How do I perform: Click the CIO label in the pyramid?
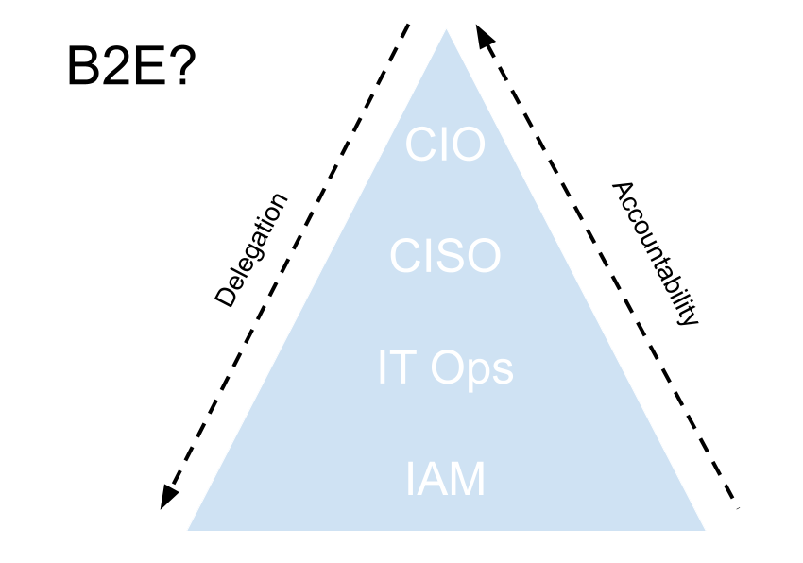pyautogui.click(x=445, y=146)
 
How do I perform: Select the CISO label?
pyautogui.click(x=445, y=257)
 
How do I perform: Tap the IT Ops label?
pyautogui.click(x=445, y=368)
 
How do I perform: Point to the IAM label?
pyautogui.click(x=445, y=480)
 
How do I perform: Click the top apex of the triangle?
pyautogui.click(x=446, y=28)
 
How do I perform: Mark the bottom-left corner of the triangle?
pyautogui.click(x=188, y=530)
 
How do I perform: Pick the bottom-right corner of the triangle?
pyautogui.click(x=705, y=530)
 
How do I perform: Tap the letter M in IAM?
pyautogui.click(x=468, y=480)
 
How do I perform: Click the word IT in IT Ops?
pyautogui.click(x=395, y=368)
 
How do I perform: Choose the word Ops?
pyautogui.click(x=472, y=368)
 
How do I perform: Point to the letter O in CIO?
pyautogui.click(x=468, y=146)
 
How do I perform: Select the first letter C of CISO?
pyautogui.click(x=407, y=257)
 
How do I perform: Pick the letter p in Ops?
pyautogui.click(x=478, y=372)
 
